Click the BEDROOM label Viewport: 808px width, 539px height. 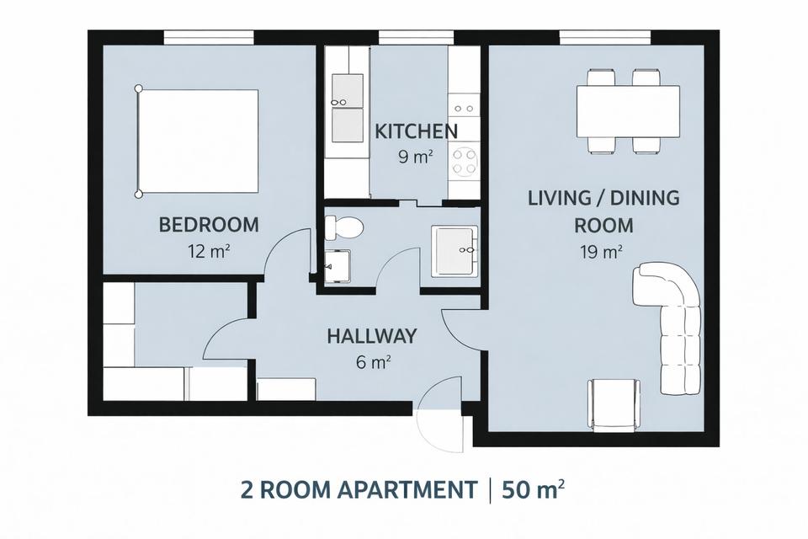209,225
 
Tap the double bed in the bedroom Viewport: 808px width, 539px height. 198,141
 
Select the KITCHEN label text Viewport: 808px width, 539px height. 417,131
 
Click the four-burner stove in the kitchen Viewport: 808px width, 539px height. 463,160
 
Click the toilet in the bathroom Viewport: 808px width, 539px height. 344,227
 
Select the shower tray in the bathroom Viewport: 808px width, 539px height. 454,250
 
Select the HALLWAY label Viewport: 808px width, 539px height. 372,337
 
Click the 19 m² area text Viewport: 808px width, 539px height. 601,251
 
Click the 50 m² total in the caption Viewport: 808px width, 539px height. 533,488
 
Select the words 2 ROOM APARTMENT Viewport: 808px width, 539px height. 358,488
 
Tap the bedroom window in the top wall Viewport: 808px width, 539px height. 208,36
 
